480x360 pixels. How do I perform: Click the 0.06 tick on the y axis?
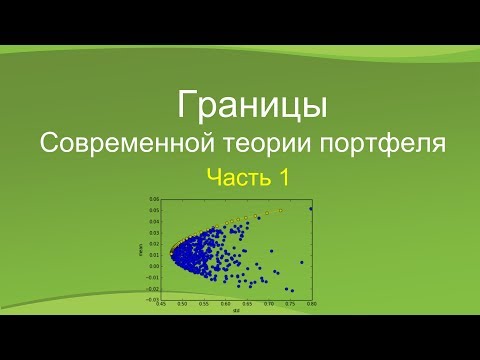(x=154, y=198)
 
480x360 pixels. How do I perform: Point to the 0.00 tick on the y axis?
(x=154, y=265)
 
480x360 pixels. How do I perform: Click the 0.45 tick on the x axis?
(x=161, y=303)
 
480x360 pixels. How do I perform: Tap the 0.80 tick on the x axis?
(x=311, y=303)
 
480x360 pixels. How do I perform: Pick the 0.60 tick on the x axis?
(x=225, y=303)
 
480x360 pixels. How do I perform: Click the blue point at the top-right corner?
(x=311, y=209)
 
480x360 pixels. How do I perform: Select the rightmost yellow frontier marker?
(x=281, y=211)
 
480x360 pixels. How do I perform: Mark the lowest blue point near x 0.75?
(x=292, y=290)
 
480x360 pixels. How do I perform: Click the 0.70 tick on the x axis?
(x=268, y=303)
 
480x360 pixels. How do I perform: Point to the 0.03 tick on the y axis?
(x=154, y=232)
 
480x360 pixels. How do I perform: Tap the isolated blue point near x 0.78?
(x=301, y=262)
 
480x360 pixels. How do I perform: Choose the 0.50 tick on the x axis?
(x=182, y=303)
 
